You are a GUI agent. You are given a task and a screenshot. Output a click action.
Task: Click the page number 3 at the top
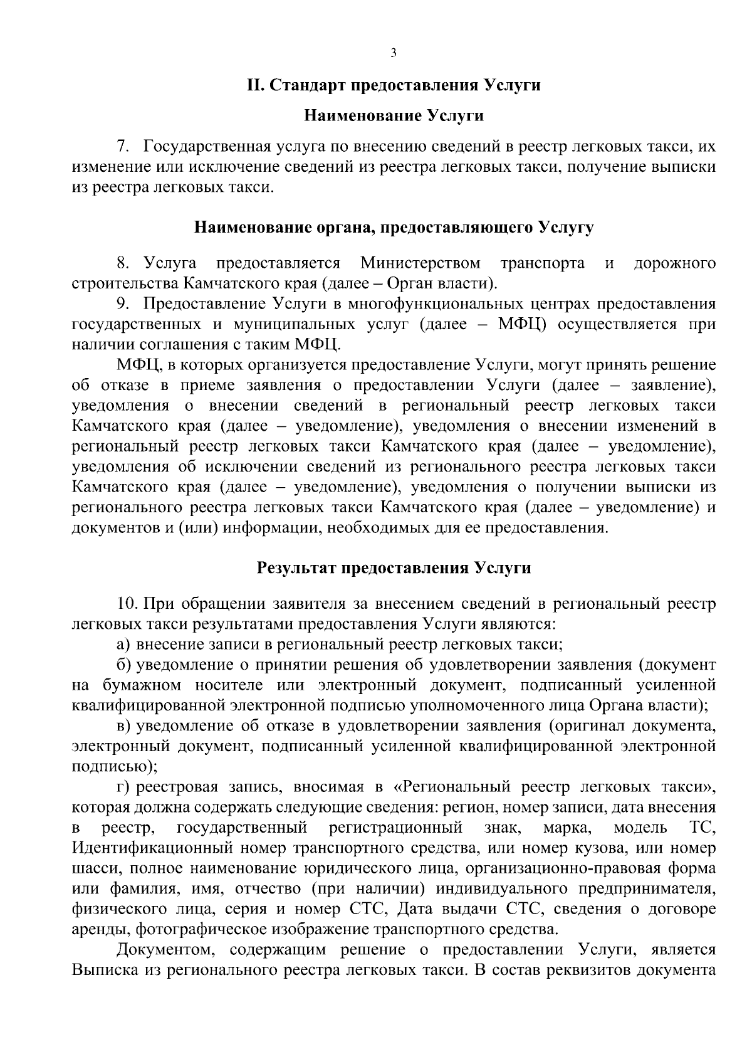pos(393,53)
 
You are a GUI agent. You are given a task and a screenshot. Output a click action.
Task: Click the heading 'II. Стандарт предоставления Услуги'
pos(393,85)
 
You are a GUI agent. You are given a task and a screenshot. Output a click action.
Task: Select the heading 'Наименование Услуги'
pos(394,115)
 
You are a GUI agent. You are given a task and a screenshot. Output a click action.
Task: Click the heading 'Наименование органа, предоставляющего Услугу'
pos(394,227)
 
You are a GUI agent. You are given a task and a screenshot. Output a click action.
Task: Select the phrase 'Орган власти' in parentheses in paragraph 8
pos(439,283)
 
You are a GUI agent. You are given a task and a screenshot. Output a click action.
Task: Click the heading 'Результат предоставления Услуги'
pos(394,568)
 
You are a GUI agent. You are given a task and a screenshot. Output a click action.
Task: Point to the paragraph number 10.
pos(127,603)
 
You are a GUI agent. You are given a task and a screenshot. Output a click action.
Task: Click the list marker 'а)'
pos(123,644)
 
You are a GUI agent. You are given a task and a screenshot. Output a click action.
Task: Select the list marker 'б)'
pos(123,665)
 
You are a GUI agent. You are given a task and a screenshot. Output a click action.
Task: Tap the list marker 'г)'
pos(123,786)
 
